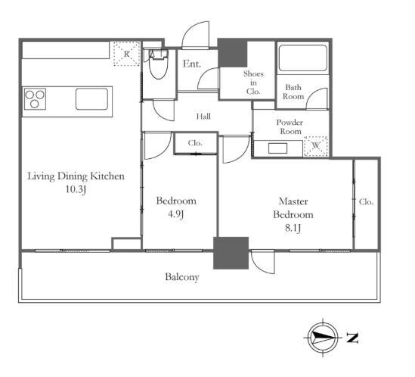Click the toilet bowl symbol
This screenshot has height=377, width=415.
[x=158, y=65]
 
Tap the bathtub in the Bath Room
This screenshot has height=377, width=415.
[x=303, y=58]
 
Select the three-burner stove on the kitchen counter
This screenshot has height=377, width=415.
[x=35, y=99]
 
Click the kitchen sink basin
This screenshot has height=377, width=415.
[x=91, y=99]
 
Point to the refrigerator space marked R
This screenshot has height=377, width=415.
[x=127, y=54]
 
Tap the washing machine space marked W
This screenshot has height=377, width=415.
[x=316, y=146]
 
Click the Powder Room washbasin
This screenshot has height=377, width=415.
[x=277, y=148]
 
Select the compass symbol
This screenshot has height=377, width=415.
[x=323, y=338]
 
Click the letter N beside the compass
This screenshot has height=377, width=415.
[x=352, y=338]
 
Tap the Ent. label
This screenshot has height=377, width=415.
[x=192, y=64]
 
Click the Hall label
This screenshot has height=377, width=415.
[x=203, y=117]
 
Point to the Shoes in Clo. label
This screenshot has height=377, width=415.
[x=253, y=83]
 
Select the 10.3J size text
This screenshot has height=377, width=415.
[x=76, y=189]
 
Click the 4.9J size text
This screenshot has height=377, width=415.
[x=176, y=214]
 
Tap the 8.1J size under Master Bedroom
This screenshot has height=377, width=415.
[x=293, y=228]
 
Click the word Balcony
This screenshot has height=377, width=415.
[x=182, y=277]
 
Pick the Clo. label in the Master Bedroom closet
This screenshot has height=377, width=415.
[x=366, y=202]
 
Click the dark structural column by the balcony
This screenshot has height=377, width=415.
[x=231, y=253]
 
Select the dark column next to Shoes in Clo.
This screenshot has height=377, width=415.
[x=233, y=53]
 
